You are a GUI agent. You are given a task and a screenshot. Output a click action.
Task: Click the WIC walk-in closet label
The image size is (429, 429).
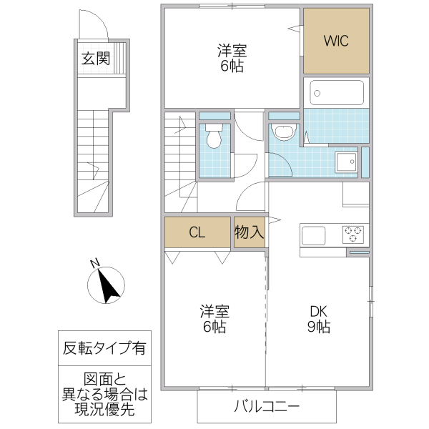click(336, 41)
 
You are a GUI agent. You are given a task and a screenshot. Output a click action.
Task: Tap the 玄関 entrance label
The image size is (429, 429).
click(95, 59)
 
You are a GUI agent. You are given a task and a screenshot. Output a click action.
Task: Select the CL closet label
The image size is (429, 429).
click(199, 232)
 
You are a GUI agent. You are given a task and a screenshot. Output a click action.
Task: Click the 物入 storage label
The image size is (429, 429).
click(250, 232)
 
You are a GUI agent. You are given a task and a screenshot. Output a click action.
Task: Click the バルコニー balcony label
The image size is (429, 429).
click(266, 408)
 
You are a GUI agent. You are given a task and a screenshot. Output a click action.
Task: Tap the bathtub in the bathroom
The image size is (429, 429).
click(337, 92)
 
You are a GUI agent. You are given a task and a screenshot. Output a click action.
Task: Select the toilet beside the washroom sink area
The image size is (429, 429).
click(284, 132)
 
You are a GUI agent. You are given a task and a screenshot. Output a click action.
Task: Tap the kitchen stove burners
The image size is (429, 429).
click(352, 234)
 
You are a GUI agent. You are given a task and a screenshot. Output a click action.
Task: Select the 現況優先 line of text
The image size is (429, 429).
click(104, 410)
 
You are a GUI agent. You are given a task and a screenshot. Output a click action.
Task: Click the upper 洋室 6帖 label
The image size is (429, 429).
click(232, 58)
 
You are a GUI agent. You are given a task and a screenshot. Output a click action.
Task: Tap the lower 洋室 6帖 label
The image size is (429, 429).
click(214, 319)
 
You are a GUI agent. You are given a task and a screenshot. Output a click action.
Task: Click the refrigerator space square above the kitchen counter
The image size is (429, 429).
click(355, 194)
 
